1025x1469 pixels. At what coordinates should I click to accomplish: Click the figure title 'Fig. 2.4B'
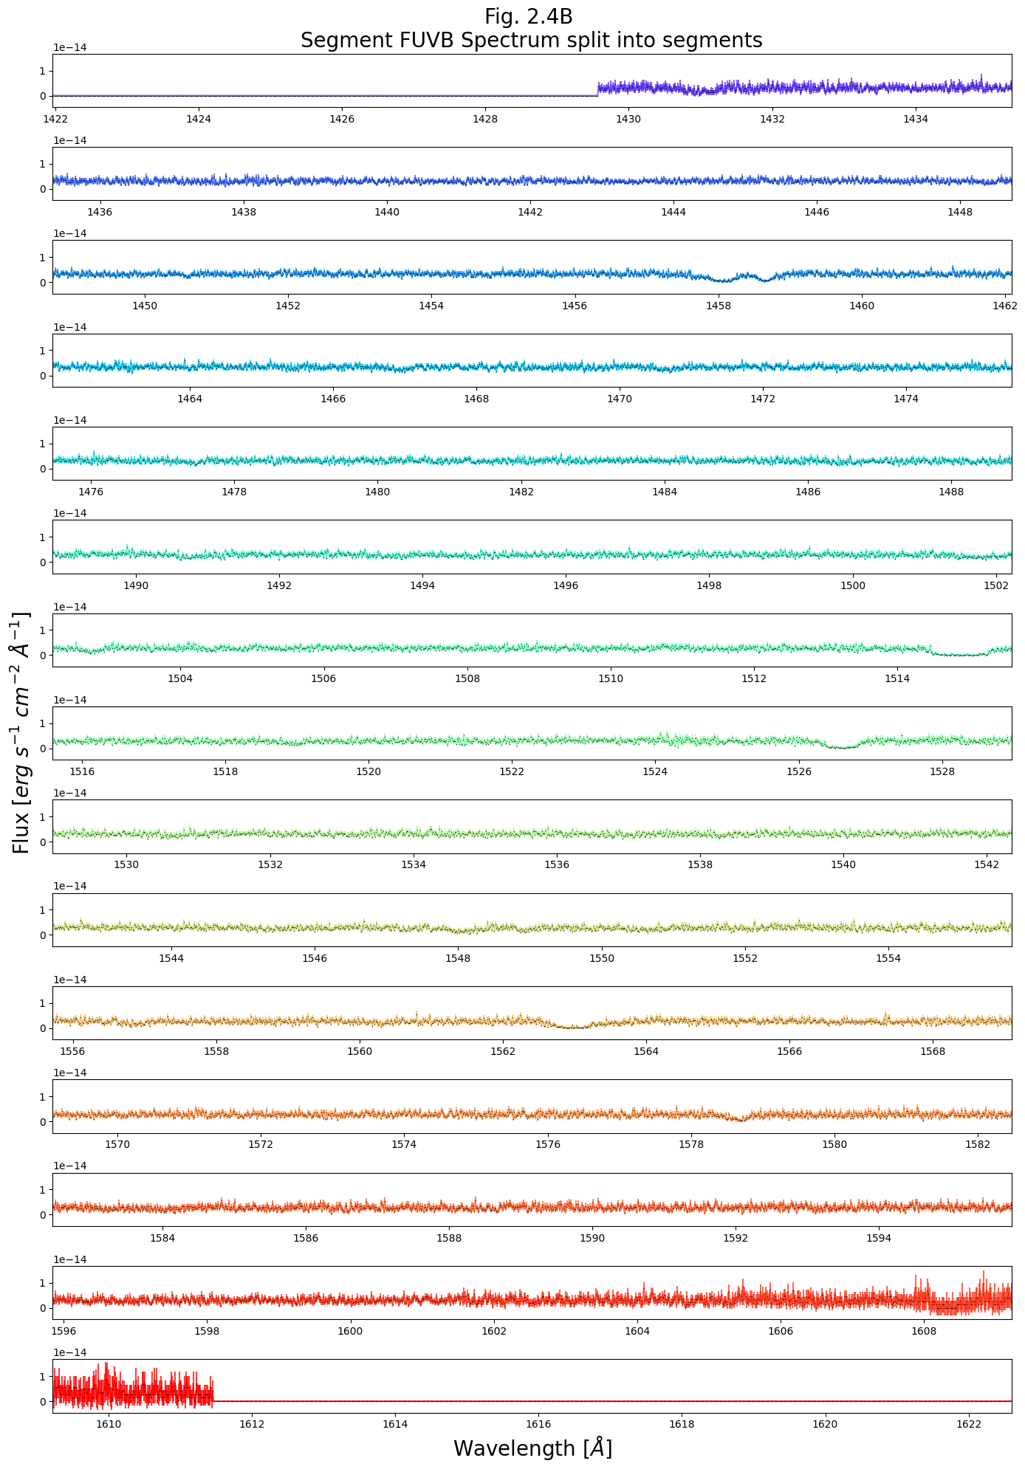[528, 16]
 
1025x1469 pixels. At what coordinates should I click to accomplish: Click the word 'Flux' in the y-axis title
[21, 831]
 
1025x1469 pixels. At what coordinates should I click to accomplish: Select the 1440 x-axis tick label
[387, 212]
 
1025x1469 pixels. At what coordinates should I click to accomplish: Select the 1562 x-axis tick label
[503, 1051]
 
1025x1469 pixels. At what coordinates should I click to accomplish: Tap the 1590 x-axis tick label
[592, 1238]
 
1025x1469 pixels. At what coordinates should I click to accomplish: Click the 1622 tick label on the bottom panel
[968, 1424]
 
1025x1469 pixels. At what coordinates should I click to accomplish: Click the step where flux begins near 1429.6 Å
[597, 91]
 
